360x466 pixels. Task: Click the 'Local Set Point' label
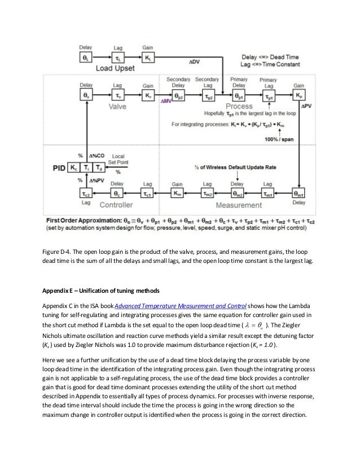(x=120, y=159)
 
